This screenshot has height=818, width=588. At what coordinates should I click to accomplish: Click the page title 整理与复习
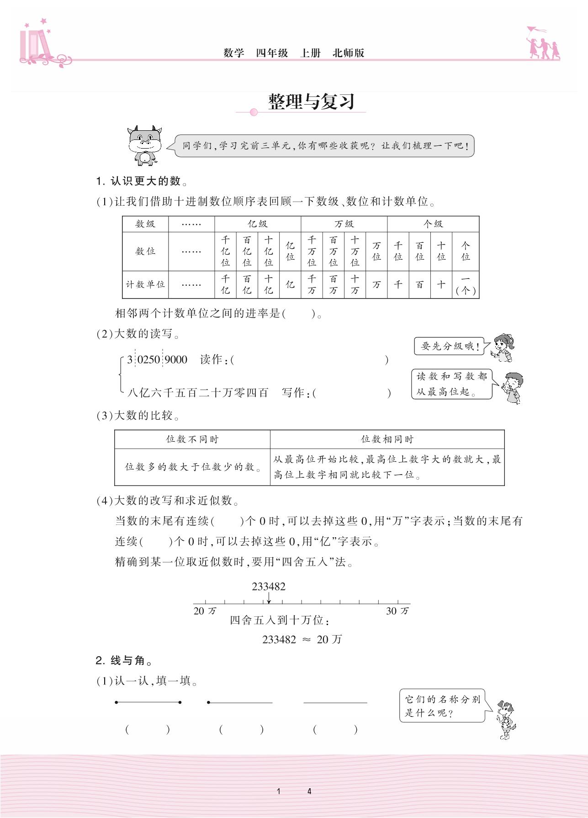tap(311, 102)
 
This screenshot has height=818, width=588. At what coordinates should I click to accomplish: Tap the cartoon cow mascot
tap(144, 145)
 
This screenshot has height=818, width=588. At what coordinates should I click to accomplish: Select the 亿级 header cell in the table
tap(257, 224)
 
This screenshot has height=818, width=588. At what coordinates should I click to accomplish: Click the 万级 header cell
tap(344, 224)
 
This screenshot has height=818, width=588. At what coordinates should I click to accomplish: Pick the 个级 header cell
tap(433, 224)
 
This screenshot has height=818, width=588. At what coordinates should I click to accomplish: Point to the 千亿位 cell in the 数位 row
tap(225, 251)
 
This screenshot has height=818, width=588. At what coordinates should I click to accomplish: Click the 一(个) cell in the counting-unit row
tap(465, 284)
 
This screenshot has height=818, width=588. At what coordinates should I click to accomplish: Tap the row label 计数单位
tap(145, 284)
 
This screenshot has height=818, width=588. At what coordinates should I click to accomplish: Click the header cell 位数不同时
tap(192, 439)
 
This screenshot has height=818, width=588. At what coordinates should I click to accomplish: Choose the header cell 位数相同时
tap(387, 439)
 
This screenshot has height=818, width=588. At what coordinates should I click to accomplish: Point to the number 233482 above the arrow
tap(269, 587)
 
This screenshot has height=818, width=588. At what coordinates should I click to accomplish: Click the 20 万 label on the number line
tap(205, 611)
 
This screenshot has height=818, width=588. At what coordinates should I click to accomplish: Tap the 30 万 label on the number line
tap(397, 611)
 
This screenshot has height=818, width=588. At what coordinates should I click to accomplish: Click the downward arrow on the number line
tap(269, 599)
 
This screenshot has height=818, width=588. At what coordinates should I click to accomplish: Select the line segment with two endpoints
tap(148, 702)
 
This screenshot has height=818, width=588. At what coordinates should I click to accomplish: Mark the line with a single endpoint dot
tap(240, 702)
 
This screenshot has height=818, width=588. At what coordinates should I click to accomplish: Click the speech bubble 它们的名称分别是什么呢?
tap(442, 706)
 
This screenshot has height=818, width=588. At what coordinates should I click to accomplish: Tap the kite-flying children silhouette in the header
tap(543, 44)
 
